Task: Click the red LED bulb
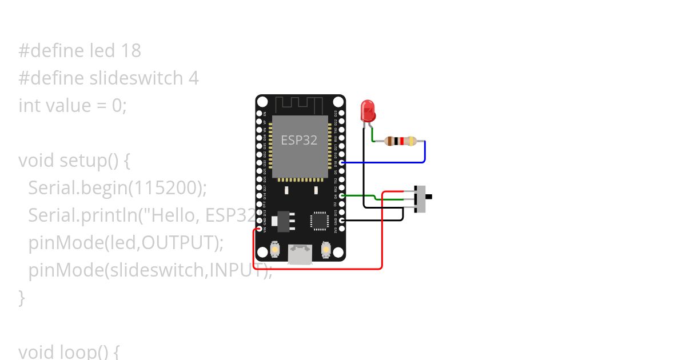pos(368,110)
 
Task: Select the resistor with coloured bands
pos(400,141)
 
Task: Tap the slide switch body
pos(420,198)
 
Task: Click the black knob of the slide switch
pos(429,197)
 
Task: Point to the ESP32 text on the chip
pos(299,139)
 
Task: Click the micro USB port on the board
pos(300,254)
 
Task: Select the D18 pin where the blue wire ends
pos(341,163)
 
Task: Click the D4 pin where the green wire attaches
pos(341,196)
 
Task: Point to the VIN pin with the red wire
pos(260,229)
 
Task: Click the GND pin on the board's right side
pos(341,221)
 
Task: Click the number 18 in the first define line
pos(131,51)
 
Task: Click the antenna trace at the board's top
pos(300,105)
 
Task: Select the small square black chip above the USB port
pos(319,221)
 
